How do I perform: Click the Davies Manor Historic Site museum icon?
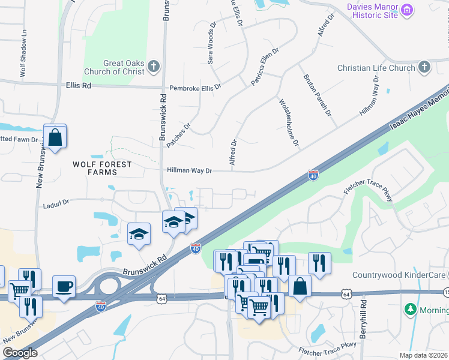coord(408,10)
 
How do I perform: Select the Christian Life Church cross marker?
coord(424,67)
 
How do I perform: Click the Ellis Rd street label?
coord(79,86)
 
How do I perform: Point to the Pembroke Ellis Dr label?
coord(195,87)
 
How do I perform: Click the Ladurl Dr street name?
coord(56,204)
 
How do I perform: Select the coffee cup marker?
coord(64,286)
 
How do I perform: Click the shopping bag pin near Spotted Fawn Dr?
coord(55,137)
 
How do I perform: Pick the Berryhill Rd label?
coord(363,318)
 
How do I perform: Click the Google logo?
coord(20,353)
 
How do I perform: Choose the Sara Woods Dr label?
coord(211,44)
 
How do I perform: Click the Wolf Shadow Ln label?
coord(23,54)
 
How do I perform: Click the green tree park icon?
coord(411,310)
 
